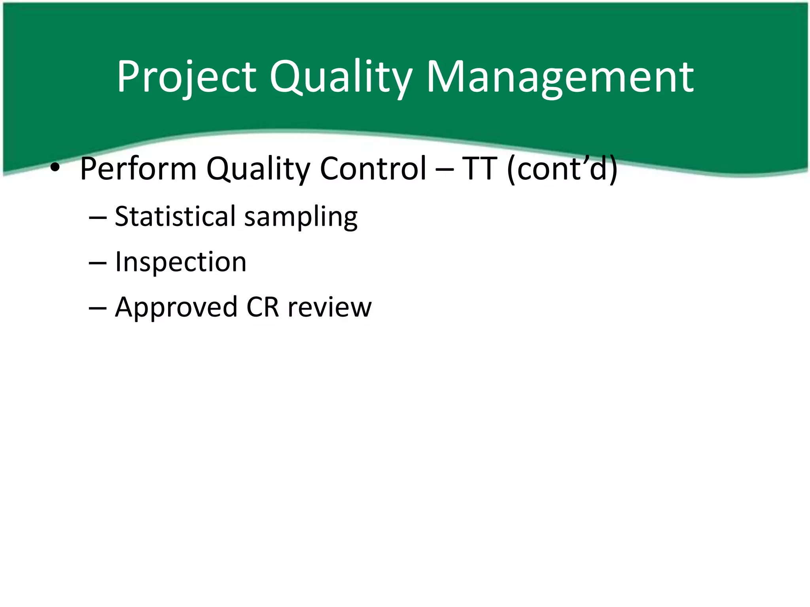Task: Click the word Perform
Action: [138, 169]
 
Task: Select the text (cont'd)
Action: [562, 169]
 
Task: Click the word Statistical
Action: [175, 217]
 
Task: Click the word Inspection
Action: [180, 262]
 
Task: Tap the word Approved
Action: [176, 308]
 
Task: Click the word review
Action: [329, 308]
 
